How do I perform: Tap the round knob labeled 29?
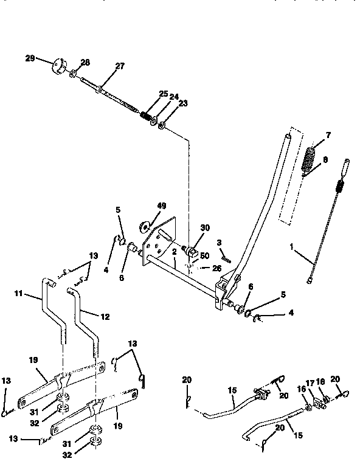60,64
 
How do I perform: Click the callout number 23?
184,103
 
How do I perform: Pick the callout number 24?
174,96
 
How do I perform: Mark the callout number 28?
85,63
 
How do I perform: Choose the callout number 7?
328,134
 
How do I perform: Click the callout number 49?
161,206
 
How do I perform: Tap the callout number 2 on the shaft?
173,251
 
